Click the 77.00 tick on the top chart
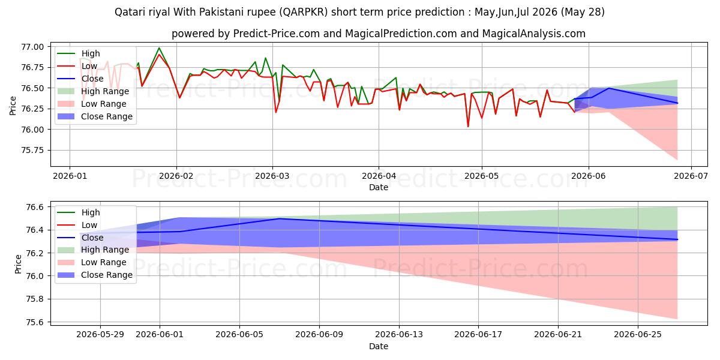coord(32,47)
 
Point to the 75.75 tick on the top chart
coord(32,151)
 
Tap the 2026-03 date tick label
coord(272,176)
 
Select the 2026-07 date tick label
coord(691,176)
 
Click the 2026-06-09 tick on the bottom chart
coord(319,335)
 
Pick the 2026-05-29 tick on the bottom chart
coord(100,335)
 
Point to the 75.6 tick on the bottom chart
coord(35,322)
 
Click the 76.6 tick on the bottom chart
coord(35,207)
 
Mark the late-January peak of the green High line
coord(159,48)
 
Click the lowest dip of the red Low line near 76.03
coord(468,127)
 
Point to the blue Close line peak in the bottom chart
coord(279,218)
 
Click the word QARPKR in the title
coord(303,12)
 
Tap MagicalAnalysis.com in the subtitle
coord(533,34)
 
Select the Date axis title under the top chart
coord(379,187)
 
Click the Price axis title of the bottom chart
coord(18,264)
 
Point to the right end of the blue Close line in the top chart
coord(677,103)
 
